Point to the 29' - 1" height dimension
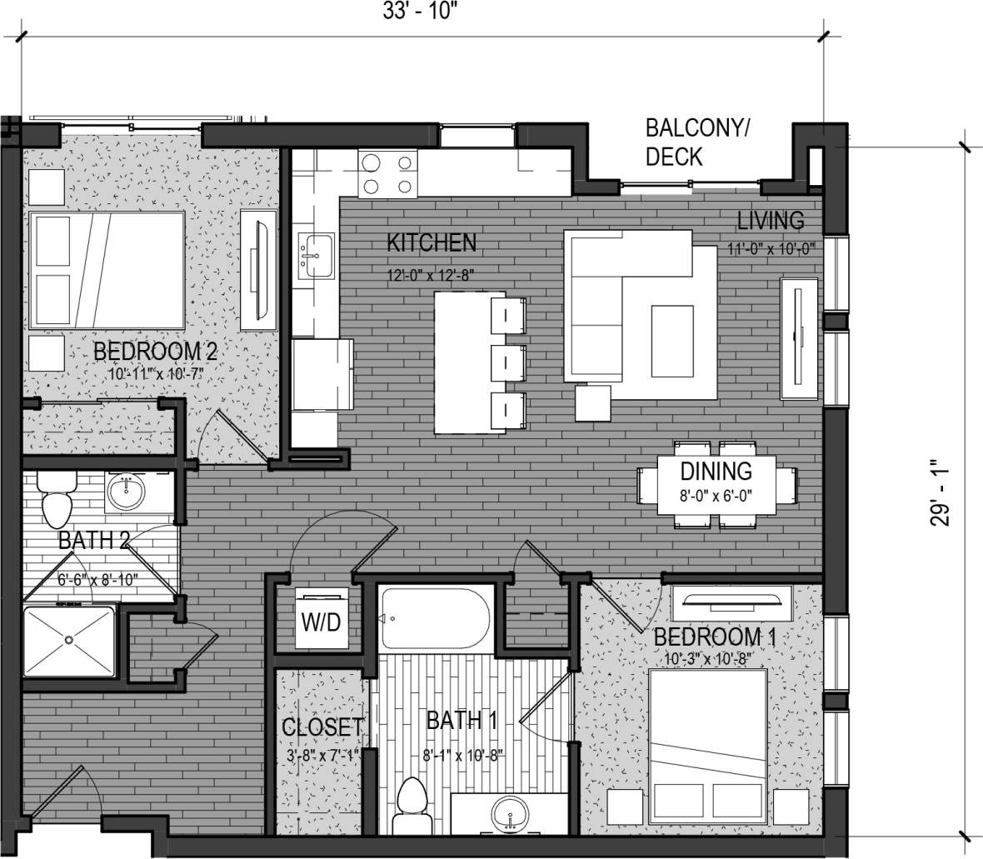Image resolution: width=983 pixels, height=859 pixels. [x=941, y=497]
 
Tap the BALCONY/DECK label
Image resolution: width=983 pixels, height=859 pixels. [x=697, y=142]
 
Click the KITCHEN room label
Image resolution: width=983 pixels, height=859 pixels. [x=432, y=242]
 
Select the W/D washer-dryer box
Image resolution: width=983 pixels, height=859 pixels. [x=322, y=620]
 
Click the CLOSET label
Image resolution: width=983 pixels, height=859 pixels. [x=322, y=727]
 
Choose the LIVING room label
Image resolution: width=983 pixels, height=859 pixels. [x=771, y=221]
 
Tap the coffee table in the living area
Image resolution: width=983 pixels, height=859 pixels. [x=671, y=331]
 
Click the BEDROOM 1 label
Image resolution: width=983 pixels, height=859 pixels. [x=715, y=638]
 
